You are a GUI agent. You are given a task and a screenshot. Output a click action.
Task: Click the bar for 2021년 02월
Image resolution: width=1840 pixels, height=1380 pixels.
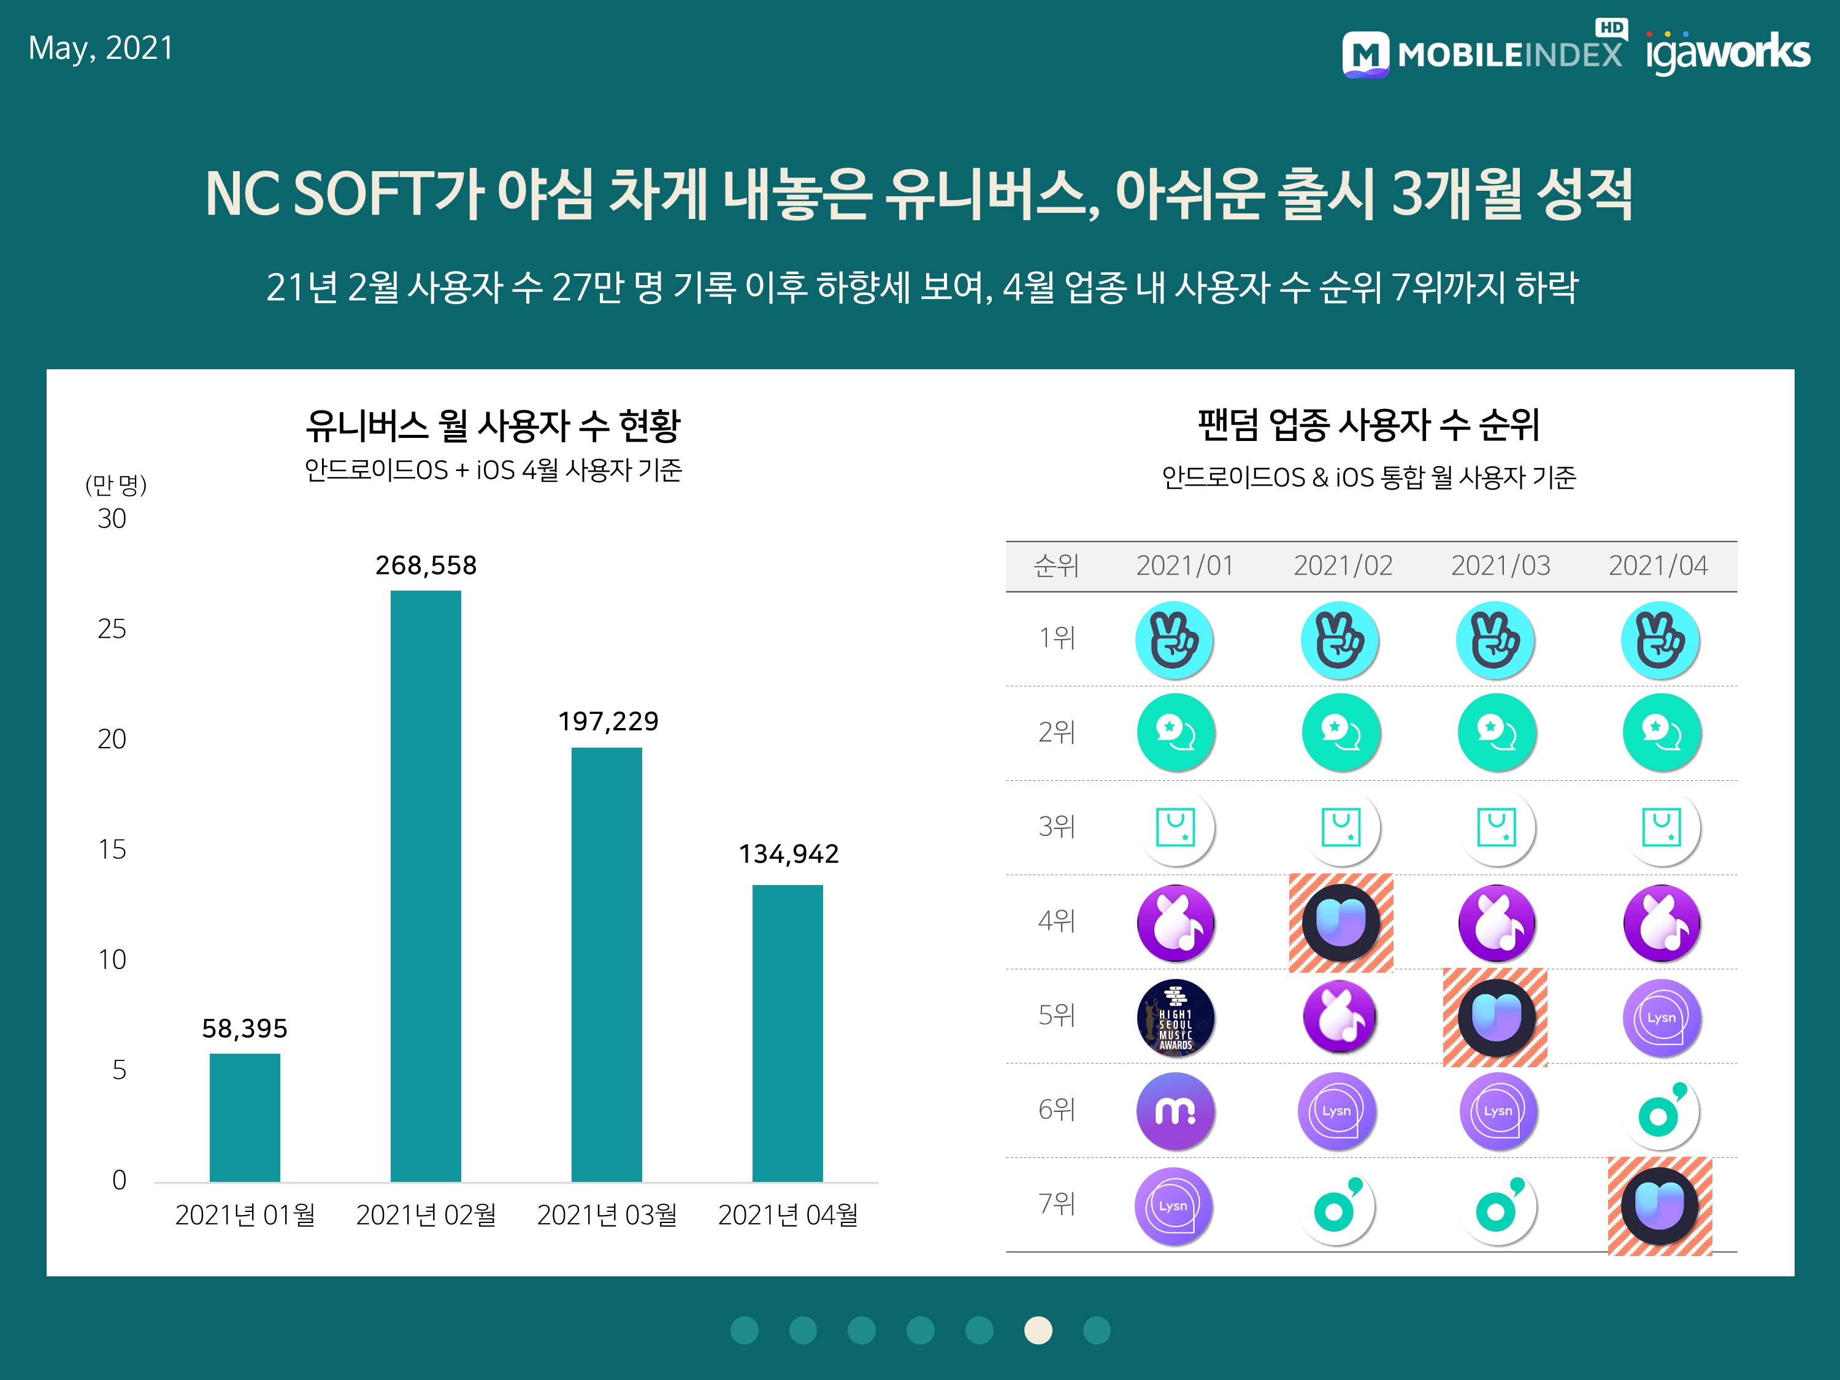coord(425,885)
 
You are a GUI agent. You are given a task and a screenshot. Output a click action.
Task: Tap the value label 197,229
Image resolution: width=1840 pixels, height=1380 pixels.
coord(608,721)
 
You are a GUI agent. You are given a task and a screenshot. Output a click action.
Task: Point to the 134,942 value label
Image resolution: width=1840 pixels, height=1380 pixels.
coord(789,854)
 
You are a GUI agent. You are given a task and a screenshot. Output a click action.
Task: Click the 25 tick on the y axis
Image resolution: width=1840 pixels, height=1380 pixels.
coord(112,629)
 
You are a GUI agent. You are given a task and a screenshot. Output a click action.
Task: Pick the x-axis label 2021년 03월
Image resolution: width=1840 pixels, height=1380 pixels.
coord(607,1215)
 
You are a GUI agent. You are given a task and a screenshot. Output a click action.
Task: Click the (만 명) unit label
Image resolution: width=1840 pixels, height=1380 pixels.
coord(117,485)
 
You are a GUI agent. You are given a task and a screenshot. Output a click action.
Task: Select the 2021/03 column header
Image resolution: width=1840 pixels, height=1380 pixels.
coord(1501,565)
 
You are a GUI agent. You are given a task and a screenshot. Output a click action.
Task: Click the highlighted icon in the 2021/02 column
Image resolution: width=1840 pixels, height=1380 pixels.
coord(1341,922)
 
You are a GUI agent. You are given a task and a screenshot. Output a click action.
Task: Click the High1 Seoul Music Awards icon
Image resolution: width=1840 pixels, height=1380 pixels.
coord(1175,1018)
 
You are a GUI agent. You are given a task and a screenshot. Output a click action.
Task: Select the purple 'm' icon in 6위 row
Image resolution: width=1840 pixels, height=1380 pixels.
coord(1175,1111)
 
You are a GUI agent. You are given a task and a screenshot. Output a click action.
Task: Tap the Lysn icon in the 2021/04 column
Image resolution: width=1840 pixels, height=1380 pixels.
coord(1661,1018)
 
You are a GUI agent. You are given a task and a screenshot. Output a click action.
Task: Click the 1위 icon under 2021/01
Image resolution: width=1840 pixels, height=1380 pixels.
coord(1174,640)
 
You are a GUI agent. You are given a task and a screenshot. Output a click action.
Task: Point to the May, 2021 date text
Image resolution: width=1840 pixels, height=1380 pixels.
coord(101,48)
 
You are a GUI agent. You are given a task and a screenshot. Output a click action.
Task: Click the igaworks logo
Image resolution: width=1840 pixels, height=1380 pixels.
coord(1727,52)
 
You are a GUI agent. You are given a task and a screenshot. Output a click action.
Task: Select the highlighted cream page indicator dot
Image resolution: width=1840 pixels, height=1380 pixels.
coord(1038,1330)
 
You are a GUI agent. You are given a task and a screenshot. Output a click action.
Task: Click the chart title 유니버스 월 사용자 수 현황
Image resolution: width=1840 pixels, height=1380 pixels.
coord(493,426)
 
